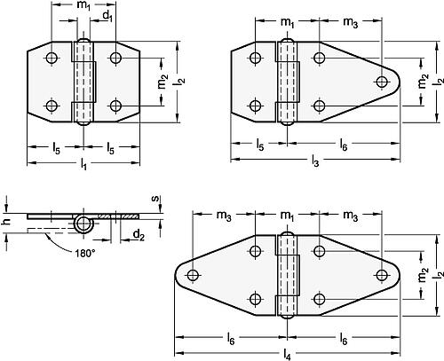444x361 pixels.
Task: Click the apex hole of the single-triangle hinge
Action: pos(382,82)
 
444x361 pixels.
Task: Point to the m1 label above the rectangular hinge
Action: pos(83,6)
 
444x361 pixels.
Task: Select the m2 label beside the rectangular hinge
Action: pos(161,82)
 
